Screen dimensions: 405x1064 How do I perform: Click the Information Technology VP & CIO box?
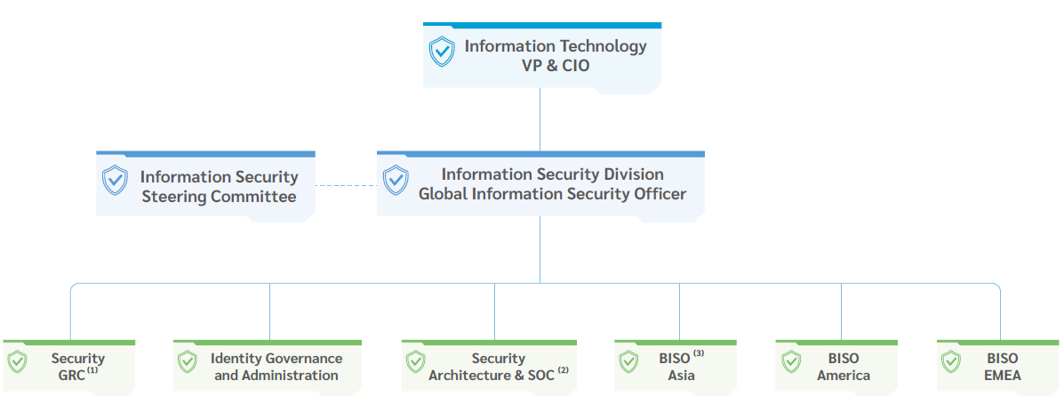541,55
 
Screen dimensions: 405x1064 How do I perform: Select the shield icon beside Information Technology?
442,52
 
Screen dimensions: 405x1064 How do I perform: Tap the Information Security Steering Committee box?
205,185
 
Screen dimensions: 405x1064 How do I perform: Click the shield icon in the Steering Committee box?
115,180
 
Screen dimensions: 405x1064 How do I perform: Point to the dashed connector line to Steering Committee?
346,185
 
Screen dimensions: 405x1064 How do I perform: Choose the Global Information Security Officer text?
552,193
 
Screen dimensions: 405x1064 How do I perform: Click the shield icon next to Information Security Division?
396,180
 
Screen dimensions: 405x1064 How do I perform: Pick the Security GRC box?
68,366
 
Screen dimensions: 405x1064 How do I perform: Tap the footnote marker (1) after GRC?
92,370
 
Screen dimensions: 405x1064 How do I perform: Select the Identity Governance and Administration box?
267,366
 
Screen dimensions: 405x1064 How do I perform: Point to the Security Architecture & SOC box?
489,366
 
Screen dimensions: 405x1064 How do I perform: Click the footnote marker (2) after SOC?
563,370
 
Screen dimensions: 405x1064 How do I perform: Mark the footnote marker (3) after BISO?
699,353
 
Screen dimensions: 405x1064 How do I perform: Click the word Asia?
681,376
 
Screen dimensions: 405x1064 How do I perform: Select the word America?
844,376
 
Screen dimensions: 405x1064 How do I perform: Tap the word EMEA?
1002,376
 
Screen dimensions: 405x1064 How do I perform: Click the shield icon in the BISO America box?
791,362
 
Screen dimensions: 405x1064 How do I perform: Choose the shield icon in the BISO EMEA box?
951,362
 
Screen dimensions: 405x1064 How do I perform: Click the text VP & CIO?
556,66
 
